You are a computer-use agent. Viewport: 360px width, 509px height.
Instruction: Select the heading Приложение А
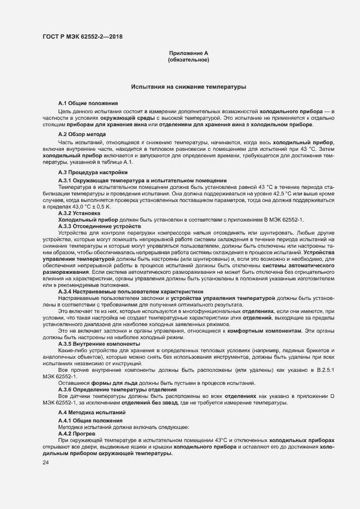point(189,53)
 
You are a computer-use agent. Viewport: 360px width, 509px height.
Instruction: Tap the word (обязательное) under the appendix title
point(189,60)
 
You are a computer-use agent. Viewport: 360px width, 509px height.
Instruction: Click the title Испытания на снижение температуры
point(189,87)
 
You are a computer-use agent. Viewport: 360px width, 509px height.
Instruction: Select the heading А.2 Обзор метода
point(82,134)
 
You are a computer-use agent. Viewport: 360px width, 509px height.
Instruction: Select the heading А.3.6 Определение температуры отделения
point(117,390)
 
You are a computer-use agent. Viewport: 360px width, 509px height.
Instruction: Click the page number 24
point(46,463)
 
